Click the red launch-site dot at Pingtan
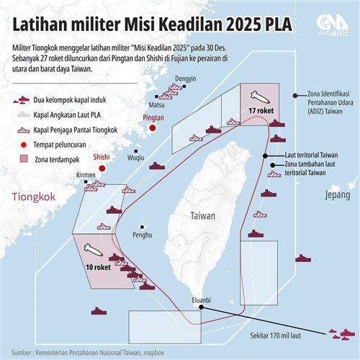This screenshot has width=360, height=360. point(153,128)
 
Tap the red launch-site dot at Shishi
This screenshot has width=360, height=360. point(102,168)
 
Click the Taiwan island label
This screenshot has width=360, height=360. point(203,215)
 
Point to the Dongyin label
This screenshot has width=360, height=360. point(186,78)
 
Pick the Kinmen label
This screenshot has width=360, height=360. point(86,175)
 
